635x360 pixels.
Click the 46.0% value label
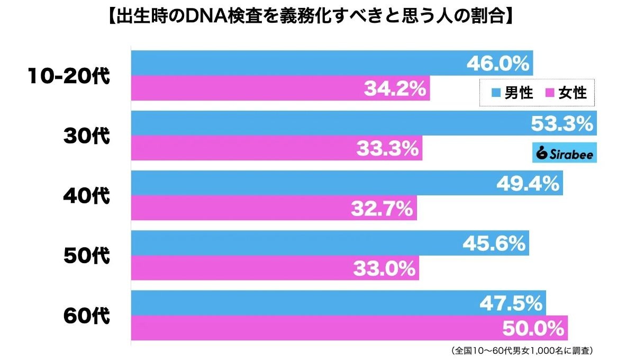497,64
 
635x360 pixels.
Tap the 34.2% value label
395,88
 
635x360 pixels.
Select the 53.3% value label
561,124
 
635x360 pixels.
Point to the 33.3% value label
387,149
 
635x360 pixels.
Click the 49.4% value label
528,184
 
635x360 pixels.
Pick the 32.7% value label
382,209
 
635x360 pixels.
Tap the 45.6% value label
494,244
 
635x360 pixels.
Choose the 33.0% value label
384,269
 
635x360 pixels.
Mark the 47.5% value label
511,304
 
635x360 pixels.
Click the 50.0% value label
532,329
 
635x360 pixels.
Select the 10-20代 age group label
69,76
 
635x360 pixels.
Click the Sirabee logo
564,153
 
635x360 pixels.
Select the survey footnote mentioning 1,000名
521,350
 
